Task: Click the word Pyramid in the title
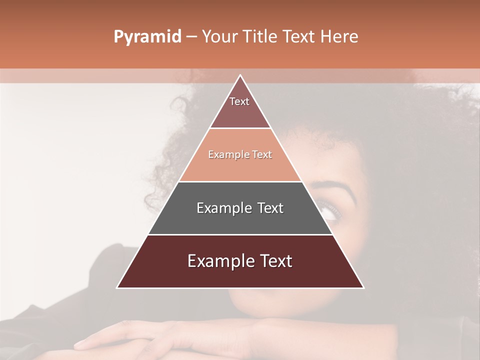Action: (x=147, y=37)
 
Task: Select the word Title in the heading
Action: (x=261, y=36)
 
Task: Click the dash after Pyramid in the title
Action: (x=191, y=37)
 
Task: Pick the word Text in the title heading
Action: (x=299, y=36)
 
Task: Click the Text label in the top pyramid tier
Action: (x=239, y=101)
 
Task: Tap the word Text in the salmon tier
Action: (x=262, y=155)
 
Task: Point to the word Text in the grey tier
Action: (x=270, y=208)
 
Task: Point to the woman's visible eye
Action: (x=330, y=209)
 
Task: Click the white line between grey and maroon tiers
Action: (x=240, y=234)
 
